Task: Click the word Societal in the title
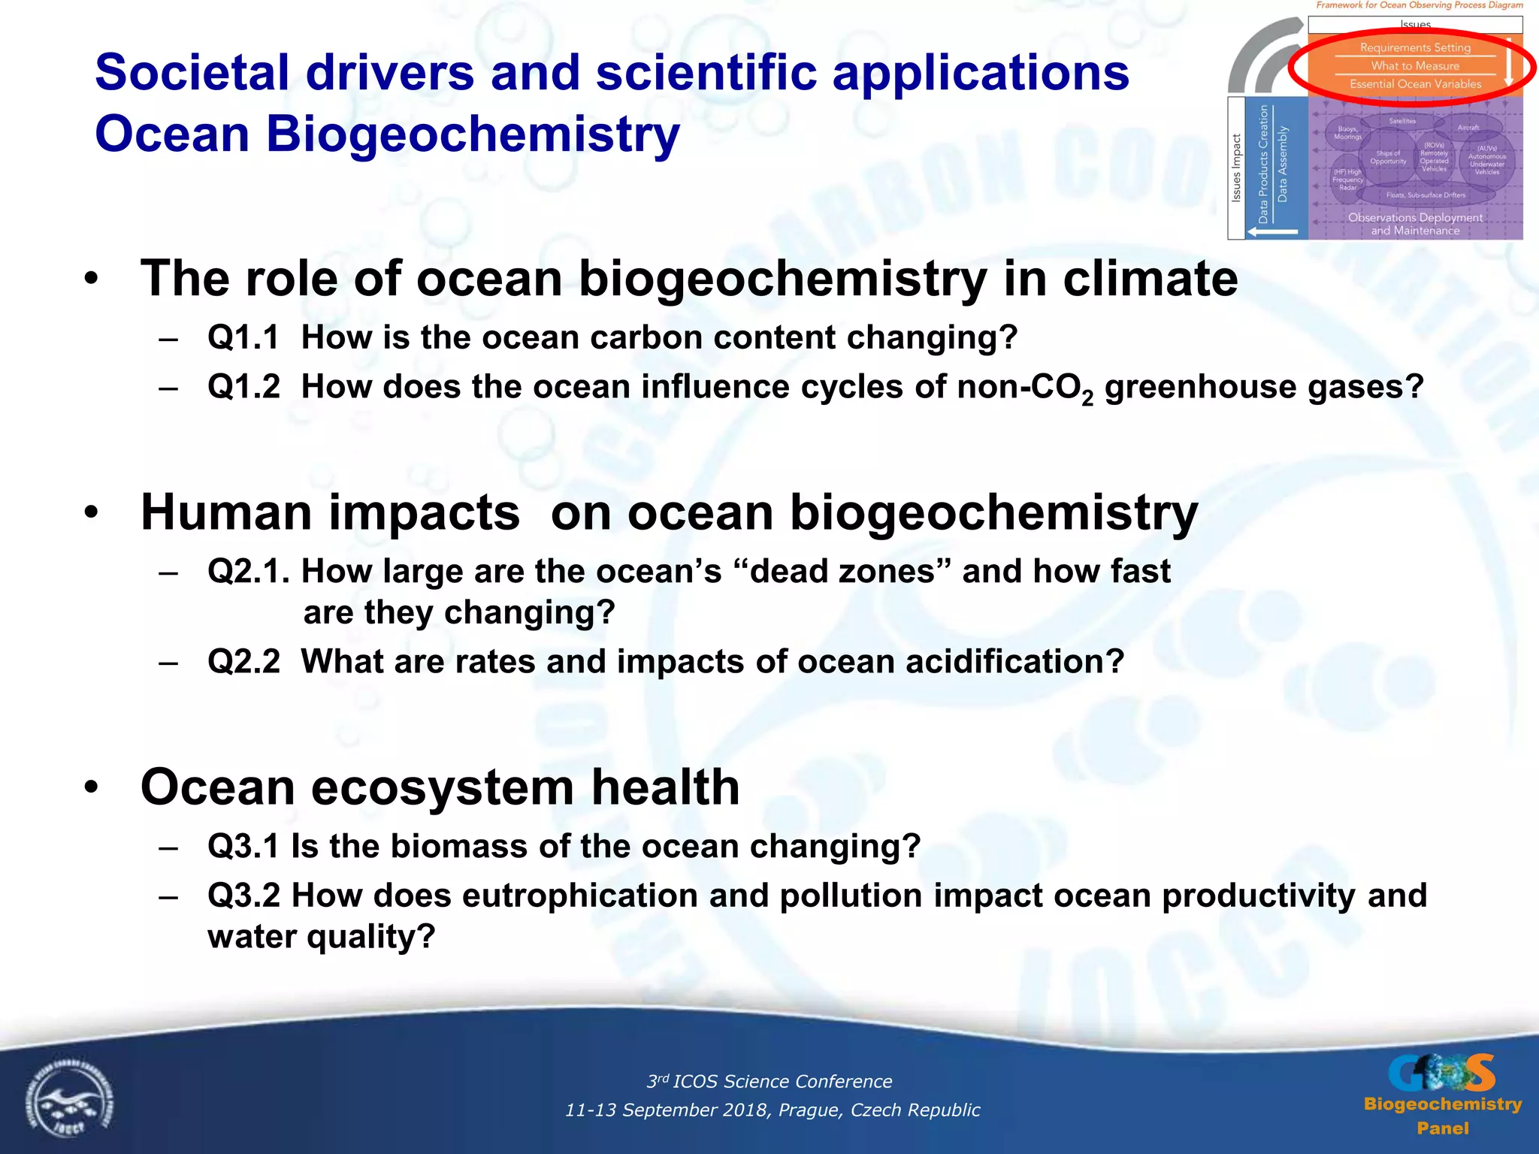pyautogui.click(x=192, y=73)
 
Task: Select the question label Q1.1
pyautogui.click(x=243, y=337)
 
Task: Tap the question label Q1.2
pyautogui.click(x=243, y=387)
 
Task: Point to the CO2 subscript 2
pyautogui.click(x=1087, y=399)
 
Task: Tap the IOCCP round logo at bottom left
pyautogui.click(x=69, y=1101)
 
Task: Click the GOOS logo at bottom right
pyautogui.click(x=1441, y=1073)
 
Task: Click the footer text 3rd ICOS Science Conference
pyautogui.click(x=769, y=1081)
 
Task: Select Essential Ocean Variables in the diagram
pyautogui.click(x=1415, y=84)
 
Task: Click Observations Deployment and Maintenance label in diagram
pyautogui.click(x=1414, y=224)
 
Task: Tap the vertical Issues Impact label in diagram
pyautogui.click(x=1236, y=168)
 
